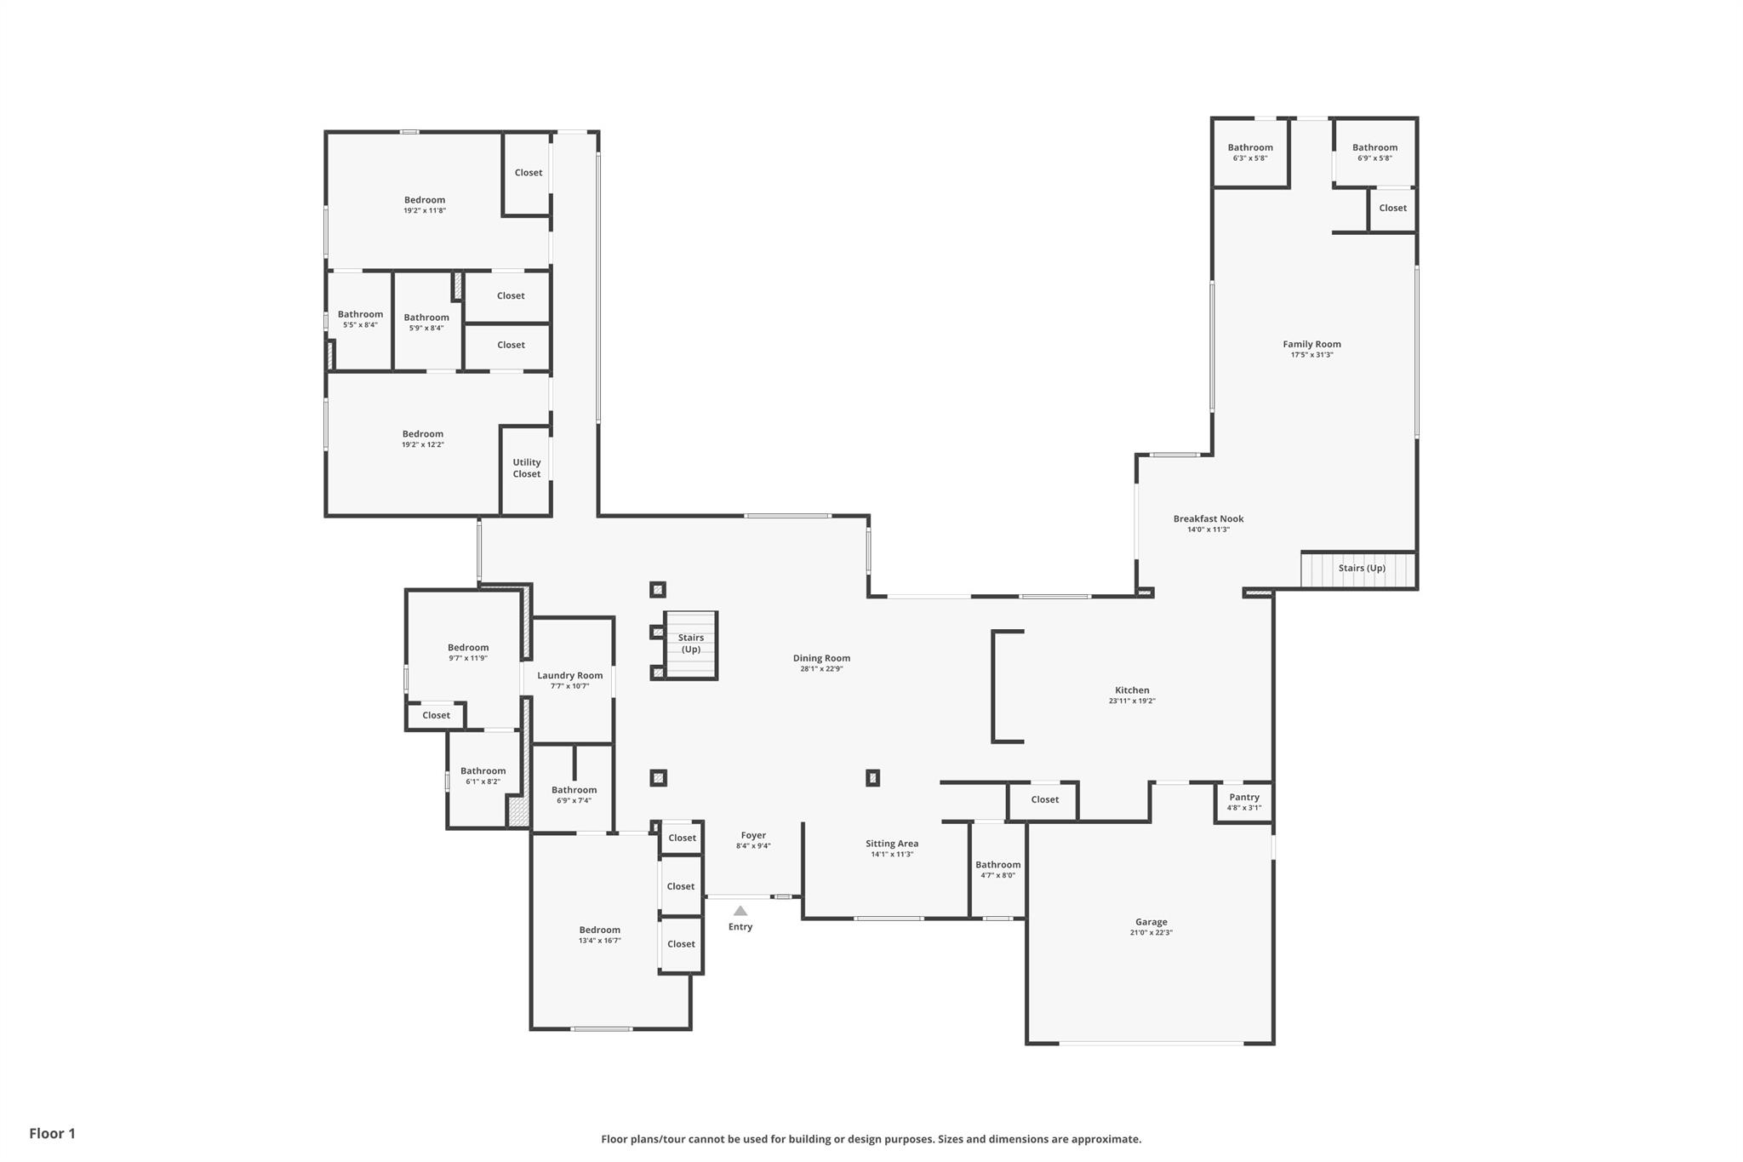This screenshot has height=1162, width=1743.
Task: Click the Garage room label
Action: click(x=1151, y=922)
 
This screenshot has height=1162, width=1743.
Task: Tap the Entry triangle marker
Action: click(x=740, y=911)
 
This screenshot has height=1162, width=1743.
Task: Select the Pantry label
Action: click(x=1244, y=798)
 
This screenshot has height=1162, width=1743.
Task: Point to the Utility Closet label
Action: click(x=527, y=468)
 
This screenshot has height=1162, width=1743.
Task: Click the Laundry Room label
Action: click(x=570, y=676)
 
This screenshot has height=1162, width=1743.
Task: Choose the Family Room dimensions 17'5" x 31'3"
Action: click(x=1312, y=355)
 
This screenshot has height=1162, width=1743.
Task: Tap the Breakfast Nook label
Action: click(x=1209, y=519)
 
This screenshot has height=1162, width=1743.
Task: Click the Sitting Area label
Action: click(x=892, y=844)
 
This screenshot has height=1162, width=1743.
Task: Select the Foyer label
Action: click(x=753, y=836)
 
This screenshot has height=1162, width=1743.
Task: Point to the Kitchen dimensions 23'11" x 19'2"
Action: click(x=1132, y=701)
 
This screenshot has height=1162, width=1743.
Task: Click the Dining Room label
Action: click(x=821, y=658)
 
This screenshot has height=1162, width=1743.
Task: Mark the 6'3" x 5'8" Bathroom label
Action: click(x=1250, y=148)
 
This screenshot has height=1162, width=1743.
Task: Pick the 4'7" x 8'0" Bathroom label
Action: click(x=997, y=865)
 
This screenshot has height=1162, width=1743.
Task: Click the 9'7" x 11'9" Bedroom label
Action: click(x=468, y=648)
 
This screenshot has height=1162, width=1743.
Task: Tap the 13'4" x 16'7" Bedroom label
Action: click(x=600, y=930)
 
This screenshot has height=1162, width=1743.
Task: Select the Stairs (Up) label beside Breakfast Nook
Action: click(x=1362, y=569)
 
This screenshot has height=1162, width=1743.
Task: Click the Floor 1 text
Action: click(x=53, y=1133)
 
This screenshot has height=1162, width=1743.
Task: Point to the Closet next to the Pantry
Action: click(x=1044, y=799)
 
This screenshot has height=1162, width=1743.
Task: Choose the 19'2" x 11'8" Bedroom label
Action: click(x=425, y=200)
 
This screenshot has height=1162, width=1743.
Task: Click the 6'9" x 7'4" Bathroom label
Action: click(x=574, y=790)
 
